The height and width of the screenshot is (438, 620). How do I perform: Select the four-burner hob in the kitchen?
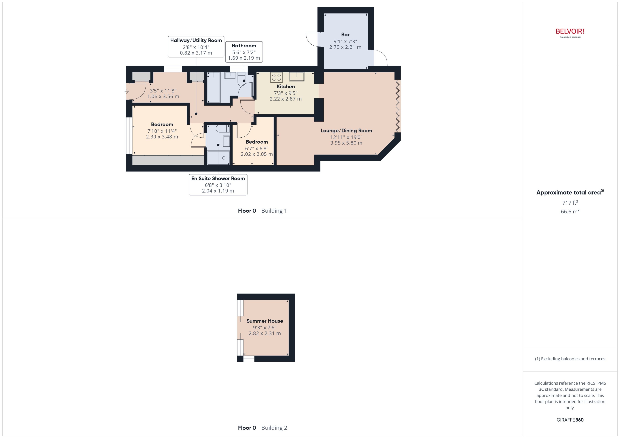click(276, 77)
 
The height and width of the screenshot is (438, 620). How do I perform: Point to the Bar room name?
click(345, 34)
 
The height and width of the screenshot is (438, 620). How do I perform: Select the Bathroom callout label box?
click(244, 52)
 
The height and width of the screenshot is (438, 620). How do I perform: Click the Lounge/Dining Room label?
click(346, 130)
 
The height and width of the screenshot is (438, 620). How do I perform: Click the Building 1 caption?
click(274, 211)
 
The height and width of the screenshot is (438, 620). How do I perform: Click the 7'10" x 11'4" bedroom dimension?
click(162, 131)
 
